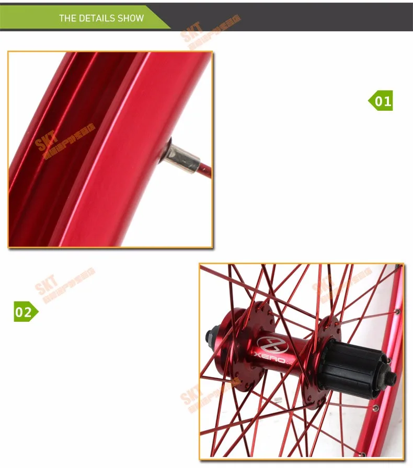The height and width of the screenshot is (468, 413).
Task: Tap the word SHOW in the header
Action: (130, 18)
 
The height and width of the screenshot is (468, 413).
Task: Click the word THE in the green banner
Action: (67, 18)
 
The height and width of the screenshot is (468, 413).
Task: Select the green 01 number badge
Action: (381, 100)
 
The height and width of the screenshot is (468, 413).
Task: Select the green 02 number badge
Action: (25, 312)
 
